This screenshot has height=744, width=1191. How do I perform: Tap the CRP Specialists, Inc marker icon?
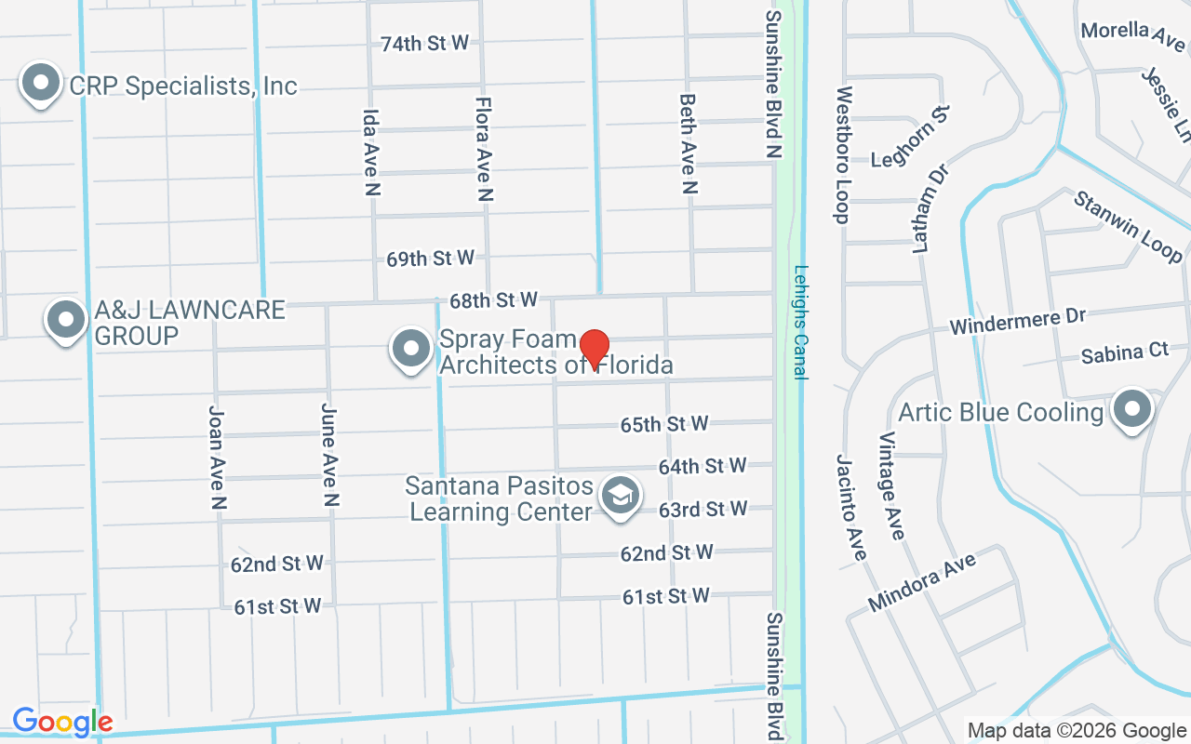click(x=40, y=84)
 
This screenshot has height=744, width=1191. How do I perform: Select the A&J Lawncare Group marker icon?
click(x=65, y=319)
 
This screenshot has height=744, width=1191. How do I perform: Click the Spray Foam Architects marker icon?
click(x=410, y=350)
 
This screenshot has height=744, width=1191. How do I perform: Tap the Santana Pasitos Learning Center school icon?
click(x=619, y=495)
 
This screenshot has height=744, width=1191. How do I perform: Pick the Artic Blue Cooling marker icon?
click(x=1131, y=410)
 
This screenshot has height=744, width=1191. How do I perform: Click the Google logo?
click(x=62, y=722)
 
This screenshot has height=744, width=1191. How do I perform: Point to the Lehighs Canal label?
click(x=799, y=322)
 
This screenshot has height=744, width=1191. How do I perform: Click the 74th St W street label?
click(x=424, y=43)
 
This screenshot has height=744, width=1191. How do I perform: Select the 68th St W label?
click(x=493, y=299)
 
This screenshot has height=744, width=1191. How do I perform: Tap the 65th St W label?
click(x=664, y=424)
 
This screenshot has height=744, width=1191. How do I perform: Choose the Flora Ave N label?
click(x=483, y=149)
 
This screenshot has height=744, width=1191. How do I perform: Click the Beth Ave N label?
click(x=688, y=143)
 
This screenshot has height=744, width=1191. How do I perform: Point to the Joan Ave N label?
click(x=218, y=458)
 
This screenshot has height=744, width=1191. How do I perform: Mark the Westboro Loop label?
click(x=843, y=155)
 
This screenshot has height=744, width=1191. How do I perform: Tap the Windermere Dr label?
click(x=1018, y=322)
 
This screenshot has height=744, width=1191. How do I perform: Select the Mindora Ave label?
click(x=922, y=582)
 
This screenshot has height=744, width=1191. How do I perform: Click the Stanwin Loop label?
click(x=1128, y=226)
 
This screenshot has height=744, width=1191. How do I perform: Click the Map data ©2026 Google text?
click(x=1077, y=730)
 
